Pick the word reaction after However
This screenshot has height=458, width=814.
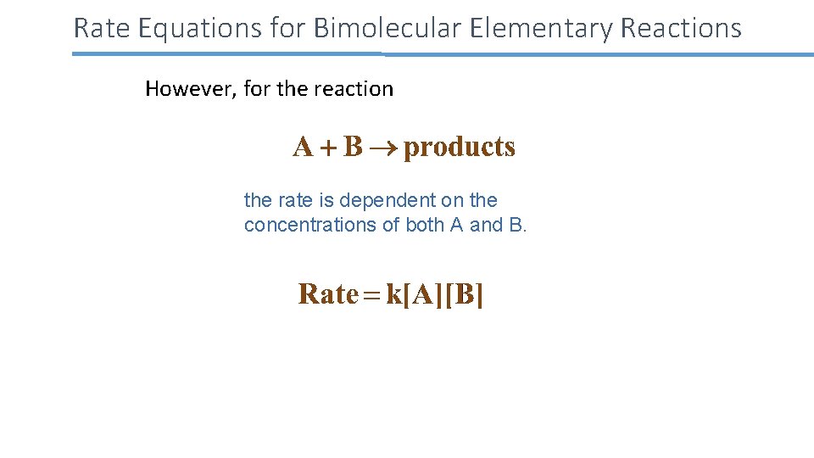[354, 89]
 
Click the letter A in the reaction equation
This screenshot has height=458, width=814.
[303, 148]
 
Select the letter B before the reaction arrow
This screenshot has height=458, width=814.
[353, 148]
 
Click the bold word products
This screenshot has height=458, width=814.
[460, 148]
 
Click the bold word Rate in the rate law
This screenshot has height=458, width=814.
[328, 294]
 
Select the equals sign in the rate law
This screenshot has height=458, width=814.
[372, 295]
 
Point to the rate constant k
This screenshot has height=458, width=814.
[393, 294]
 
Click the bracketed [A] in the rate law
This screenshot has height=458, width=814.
[424, 295]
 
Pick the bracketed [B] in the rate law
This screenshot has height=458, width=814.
[466, 295]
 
